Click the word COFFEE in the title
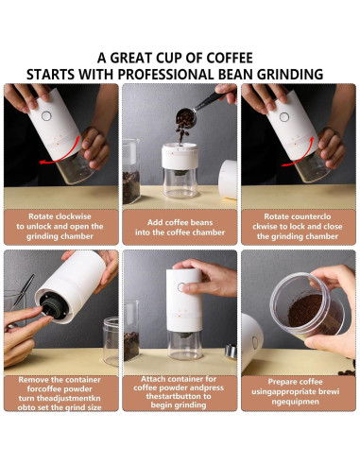coord(230,58)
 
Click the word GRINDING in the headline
coord(290,75)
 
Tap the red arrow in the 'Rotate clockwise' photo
coord(60,154)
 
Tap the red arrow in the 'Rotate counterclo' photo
coord(300,153)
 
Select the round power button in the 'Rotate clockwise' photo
coord(46,116)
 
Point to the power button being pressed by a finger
coord(181,287)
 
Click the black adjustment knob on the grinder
coord(52,306)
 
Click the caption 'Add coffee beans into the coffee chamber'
coord(180,228)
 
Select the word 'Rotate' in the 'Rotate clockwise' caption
coord(41,216)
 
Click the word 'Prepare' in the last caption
coord(281,382)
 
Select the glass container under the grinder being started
coord(185,345)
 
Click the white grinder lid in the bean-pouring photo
coord(228,179)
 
